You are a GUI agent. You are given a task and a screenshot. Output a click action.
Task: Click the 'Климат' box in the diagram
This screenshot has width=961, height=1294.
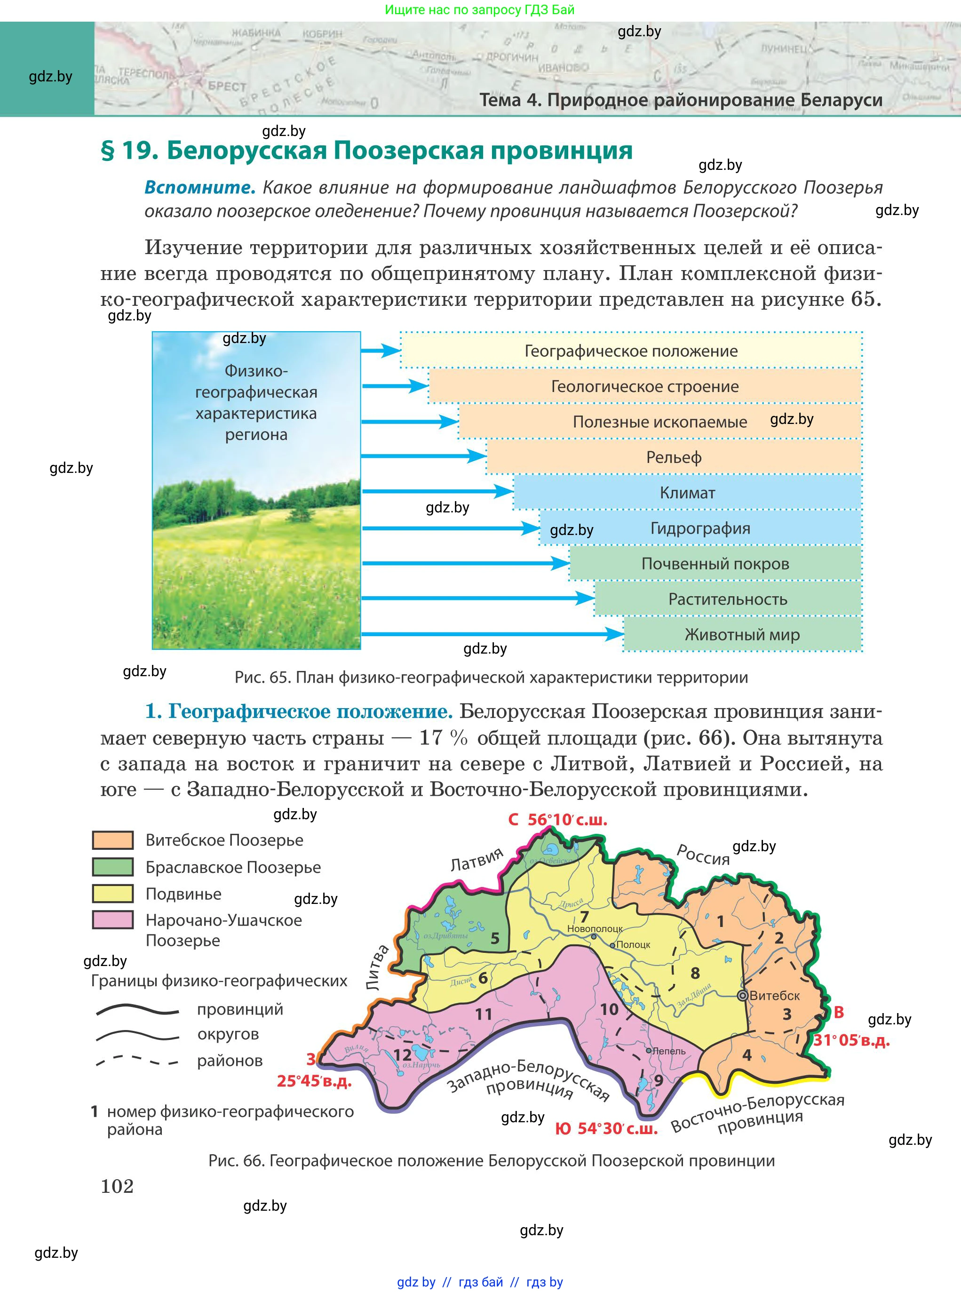687,493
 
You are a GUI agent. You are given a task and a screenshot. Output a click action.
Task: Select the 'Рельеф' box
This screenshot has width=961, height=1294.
674,457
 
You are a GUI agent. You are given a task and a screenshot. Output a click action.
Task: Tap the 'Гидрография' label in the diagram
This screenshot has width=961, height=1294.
700,528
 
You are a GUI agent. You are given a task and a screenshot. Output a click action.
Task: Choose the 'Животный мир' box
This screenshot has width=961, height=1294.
742,634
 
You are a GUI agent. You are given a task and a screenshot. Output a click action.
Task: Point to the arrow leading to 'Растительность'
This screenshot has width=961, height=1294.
477,598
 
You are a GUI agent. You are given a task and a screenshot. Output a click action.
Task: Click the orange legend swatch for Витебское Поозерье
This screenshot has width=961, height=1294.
113,840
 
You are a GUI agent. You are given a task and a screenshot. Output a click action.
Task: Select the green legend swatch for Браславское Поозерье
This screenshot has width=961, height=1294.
113,867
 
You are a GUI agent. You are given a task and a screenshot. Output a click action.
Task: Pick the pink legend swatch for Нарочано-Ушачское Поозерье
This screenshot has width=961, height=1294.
113,920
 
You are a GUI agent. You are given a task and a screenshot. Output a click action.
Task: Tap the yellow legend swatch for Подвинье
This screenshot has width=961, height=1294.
113,894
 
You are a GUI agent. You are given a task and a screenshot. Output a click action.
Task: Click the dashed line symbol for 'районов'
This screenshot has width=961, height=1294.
137,1060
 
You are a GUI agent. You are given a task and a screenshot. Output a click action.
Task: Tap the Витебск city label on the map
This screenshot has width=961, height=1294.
774,996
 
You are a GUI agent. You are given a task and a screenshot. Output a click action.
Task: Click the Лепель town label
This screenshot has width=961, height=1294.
669,1051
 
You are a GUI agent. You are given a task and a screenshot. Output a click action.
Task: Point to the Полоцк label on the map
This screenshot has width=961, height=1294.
633,944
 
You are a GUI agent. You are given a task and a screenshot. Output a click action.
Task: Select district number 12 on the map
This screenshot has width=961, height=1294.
403,1055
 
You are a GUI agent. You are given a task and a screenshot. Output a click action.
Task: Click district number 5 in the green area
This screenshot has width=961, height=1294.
495,938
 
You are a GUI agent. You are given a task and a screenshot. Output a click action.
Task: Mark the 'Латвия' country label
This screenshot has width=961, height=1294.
477,859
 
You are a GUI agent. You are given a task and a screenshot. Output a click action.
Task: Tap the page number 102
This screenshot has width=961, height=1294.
118,1186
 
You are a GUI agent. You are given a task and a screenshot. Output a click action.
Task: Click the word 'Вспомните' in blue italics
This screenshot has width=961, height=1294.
199,187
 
